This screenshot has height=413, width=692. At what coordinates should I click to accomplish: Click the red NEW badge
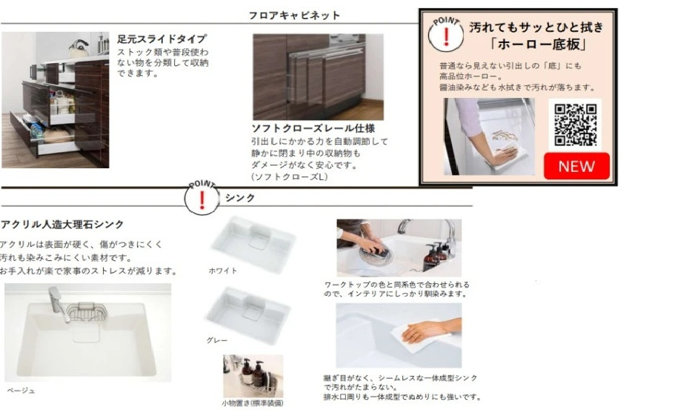(576, 166)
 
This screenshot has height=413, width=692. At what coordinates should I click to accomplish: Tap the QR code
(575, 125)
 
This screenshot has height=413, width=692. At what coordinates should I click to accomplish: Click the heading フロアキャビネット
(294, 16)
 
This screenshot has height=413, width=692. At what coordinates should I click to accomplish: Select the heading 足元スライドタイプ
(162, 39)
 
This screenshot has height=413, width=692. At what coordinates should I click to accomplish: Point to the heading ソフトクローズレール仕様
(313, 128)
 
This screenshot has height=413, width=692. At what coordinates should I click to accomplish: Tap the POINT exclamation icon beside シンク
(202, 198)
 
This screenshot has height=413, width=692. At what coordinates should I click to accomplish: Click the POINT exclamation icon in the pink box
(446, 36)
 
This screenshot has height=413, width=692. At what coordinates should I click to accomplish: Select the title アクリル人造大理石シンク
(62, 225)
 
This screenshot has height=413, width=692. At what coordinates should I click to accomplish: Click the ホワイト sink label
(223, 271)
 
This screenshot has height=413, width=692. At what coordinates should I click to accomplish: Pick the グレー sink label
(217, 340)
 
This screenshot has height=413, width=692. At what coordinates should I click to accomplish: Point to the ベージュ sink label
(21, 391)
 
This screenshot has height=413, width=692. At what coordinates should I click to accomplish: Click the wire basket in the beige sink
(87, 312)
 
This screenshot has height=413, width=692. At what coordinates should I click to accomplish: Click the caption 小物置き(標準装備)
(253, 403)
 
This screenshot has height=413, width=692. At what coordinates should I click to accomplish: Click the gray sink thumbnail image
(248, 314)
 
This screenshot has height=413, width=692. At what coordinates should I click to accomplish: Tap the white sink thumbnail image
(253, 244)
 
